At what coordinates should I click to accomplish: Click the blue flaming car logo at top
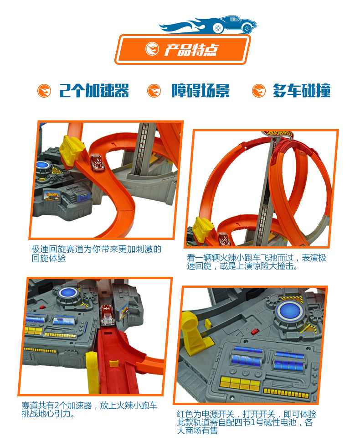click(208, 25)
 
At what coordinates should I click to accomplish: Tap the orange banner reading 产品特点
click(183, 49)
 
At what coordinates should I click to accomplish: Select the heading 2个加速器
click(94, 91)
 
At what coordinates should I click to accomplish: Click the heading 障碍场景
click(201, 91)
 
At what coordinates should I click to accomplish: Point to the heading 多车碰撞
click(302, 91)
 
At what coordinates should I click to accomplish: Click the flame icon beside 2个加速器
click(44, 91)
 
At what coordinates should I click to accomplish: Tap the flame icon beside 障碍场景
click(154, 91)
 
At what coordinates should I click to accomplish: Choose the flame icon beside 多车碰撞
click(259, 91)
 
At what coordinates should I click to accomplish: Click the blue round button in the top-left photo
click(44, 165)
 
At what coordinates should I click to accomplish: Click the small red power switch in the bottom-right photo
click(254, 331)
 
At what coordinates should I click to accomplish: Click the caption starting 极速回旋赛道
click(96, 254)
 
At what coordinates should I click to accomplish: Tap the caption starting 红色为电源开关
click(247, 422)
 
